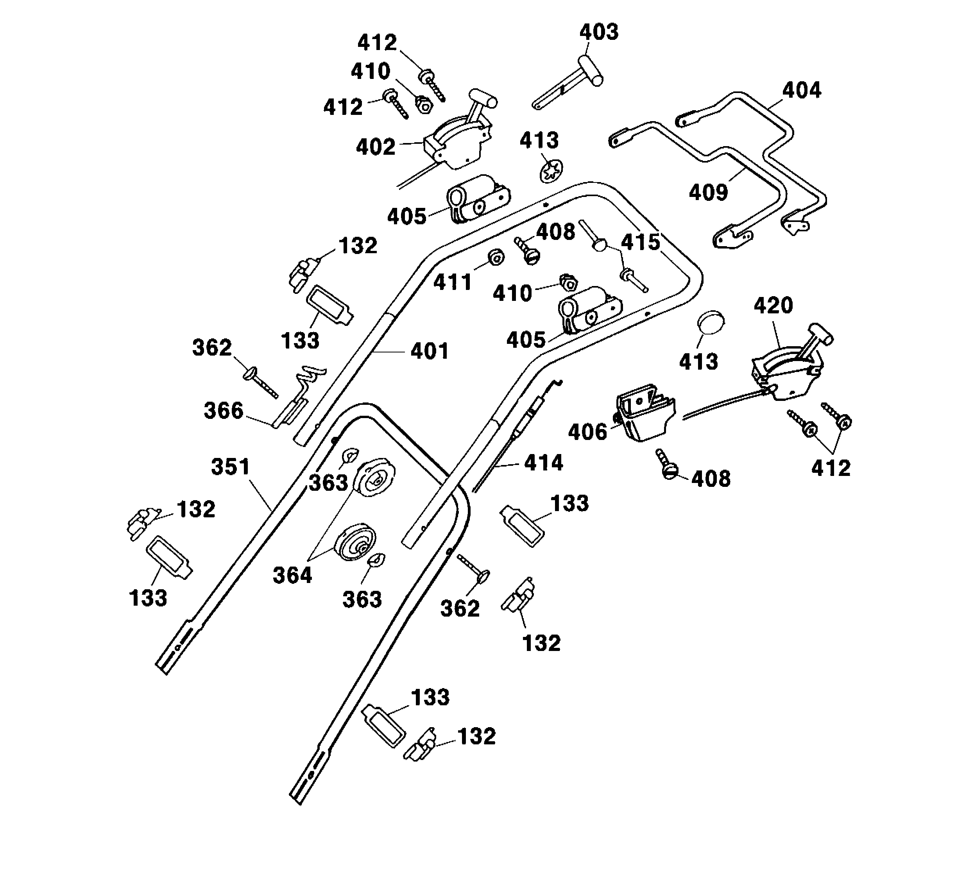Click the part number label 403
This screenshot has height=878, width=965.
(599, 32)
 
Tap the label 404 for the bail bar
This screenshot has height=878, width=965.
(801, 90)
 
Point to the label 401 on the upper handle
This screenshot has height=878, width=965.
(430, 351)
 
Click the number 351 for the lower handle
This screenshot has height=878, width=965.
(230, 467)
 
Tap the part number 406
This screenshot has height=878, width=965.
(587, 432)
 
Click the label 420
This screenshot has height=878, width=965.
(773, 305)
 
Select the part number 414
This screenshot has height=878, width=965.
(543, 463)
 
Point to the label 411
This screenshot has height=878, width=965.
(452, 282)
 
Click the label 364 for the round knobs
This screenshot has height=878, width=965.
(292, 575)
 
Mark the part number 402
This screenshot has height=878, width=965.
(375, 147)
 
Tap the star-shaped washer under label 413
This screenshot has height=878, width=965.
(551, 171)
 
